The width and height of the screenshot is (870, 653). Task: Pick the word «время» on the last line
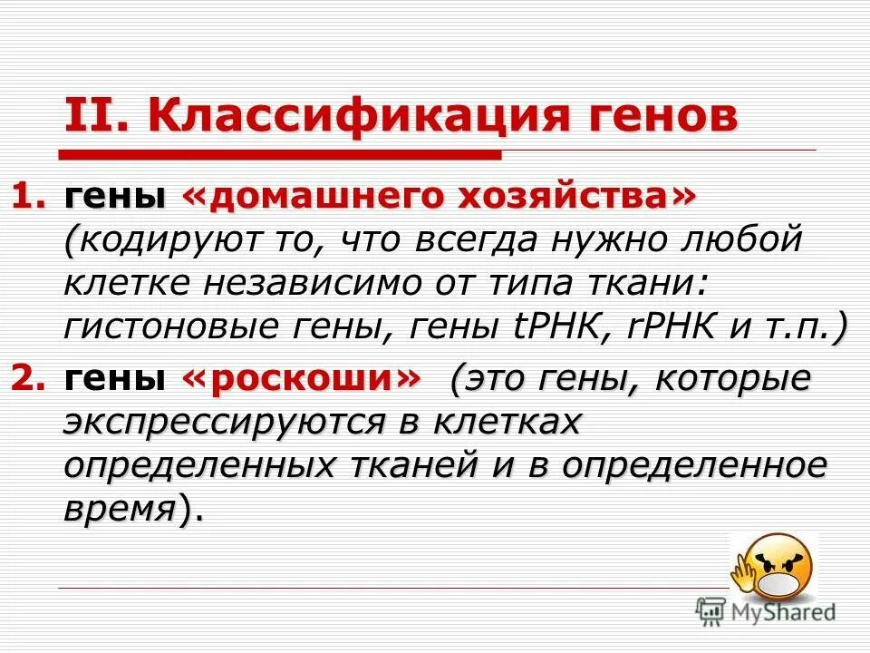coord(118,510)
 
